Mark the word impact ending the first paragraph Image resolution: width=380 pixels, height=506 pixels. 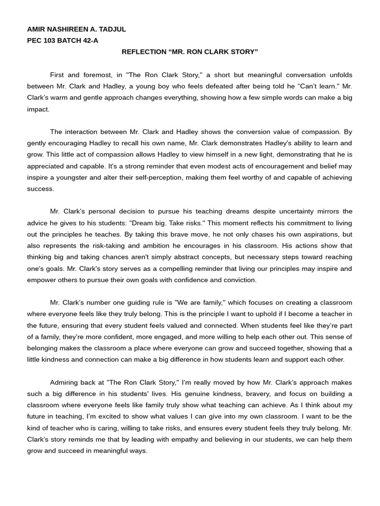tap(38, 109)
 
